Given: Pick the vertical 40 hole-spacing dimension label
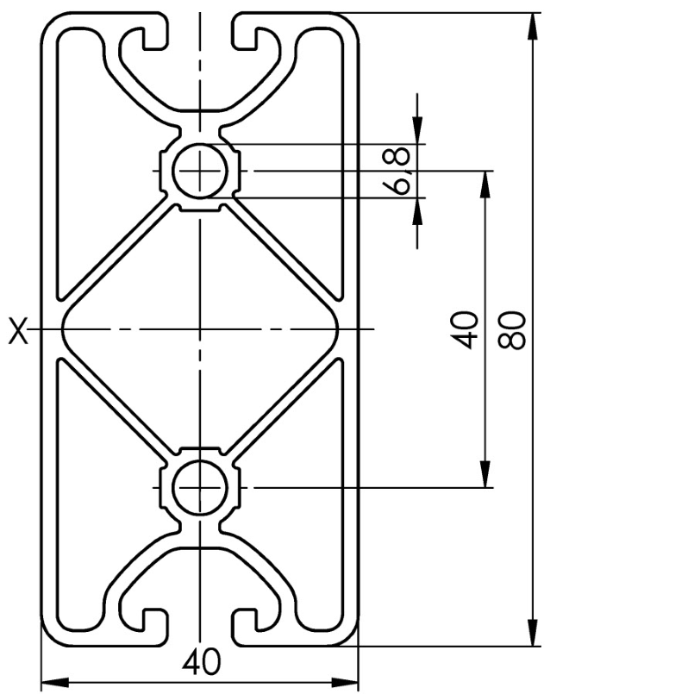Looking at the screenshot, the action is pyautogui.click(x=464, y=330).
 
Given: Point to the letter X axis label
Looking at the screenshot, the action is pyautogui.click(x=18, y=330).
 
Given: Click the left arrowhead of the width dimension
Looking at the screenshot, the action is pyautogui.click(x=55, y=681).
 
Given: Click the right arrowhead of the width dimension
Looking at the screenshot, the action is pyautogui.click(x=345, y=681).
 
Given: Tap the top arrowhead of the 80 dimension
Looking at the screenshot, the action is pyautogui.click(x=535, y=27).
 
